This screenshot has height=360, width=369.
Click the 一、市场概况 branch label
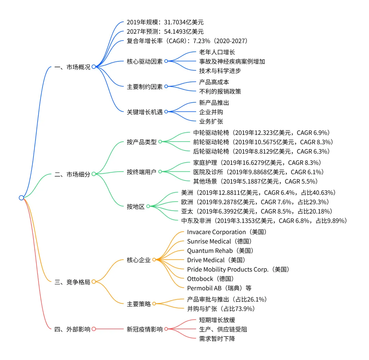[72, 67]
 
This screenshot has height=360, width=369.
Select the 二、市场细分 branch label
[72, 174]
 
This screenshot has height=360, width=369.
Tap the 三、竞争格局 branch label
[72, 282]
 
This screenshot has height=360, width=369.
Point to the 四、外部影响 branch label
[72, 329]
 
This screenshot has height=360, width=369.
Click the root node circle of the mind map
[21, 198]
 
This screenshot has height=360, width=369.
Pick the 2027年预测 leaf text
[165, 32]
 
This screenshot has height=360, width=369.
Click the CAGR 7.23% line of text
[187, 41]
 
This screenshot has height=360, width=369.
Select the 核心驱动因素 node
[145, 62]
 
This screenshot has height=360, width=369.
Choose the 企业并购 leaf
[211, 112]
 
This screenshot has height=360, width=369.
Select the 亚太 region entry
[256, 212]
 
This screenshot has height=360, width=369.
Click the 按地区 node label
[136, 206]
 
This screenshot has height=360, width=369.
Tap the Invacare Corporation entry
[227, 232]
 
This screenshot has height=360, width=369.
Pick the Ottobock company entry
[210, 278]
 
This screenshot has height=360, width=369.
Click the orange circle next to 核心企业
[154, 260]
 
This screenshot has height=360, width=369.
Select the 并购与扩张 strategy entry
[221, 309]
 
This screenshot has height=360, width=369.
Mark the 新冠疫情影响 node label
[145, 329]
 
